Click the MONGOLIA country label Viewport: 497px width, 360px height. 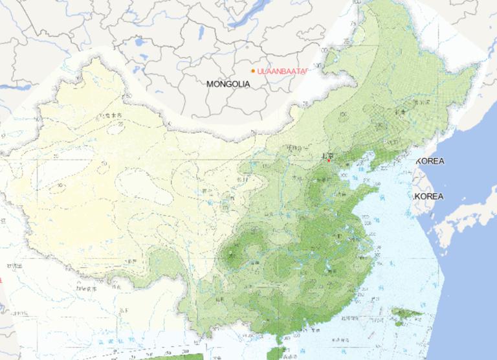pyautogui.click(x=227, y=84)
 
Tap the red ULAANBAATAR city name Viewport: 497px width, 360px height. pyautogui.click(x=280, y=71)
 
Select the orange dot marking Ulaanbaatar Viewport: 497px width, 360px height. pyautogui.click(x=253, y=71)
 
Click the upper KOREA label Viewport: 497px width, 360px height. pyautogui.click(x=430, y=161)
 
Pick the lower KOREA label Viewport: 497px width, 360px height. pyautogui.click(x=429, y=196)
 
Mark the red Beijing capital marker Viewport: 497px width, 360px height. pyautogui.click(x=329, y=159)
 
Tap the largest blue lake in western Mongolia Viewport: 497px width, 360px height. pyautogui.click(x=140, y=43)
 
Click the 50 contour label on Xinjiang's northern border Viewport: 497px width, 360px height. pyautogui.click(x=129, y=96)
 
